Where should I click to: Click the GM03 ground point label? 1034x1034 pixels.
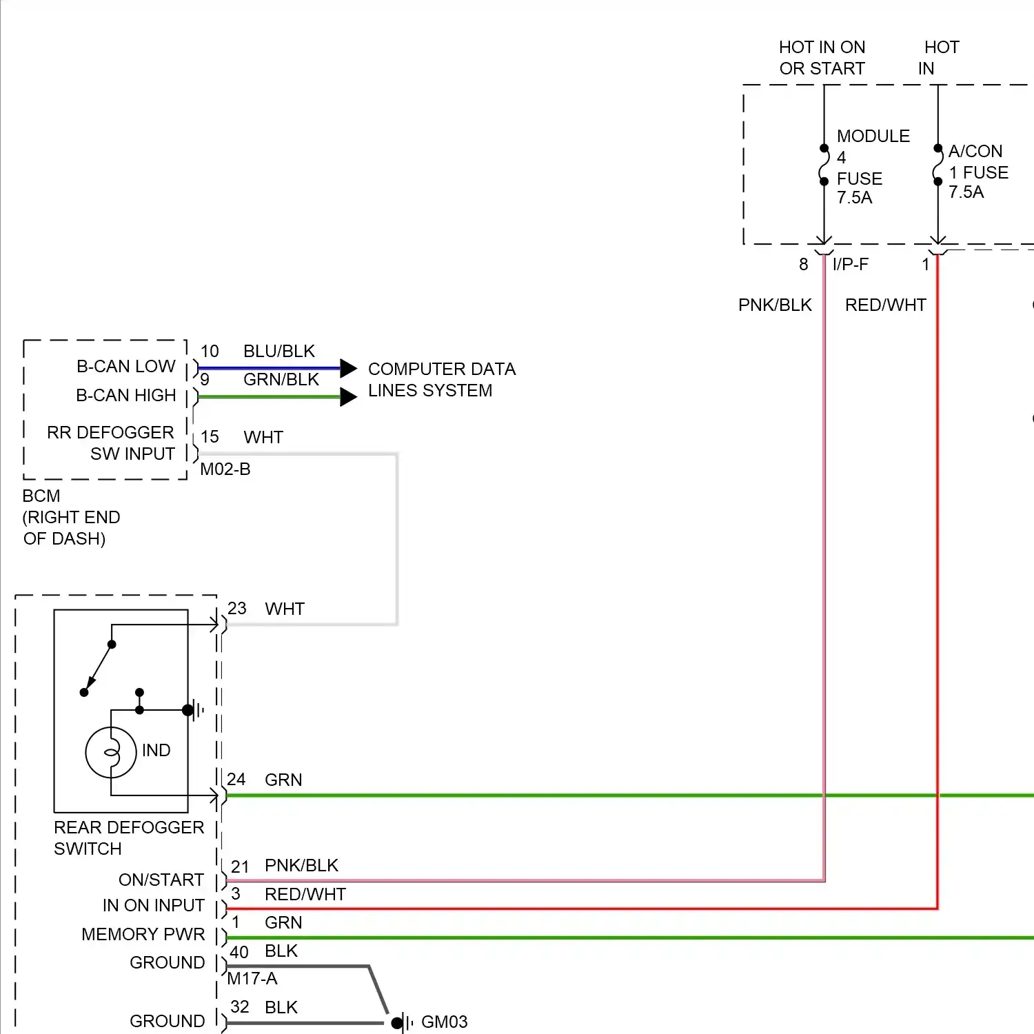pyautogui.click(x=444, y=1022)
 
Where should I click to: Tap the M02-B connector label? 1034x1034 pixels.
pyautogui.click(x=225, y=469)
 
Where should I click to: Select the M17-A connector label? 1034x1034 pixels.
pyautogui.click(x=252, y=979)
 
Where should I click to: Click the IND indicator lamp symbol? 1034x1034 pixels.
pyautogui.click(x=111, y=752)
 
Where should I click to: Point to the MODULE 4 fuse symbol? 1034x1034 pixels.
pyautogui.click(x=824, y=165)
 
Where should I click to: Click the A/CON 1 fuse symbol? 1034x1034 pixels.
pyautogui.click(x=937, y=165)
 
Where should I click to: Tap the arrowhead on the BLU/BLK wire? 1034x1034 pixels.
pyautogui.click(x=348, y=368)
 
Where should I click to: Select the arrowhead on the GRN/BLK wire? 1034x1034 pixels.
pyautogui.click(x=348, y=396)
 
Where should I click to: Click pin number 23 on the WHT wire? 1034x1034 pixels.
pyautogui.click(x=237, y=609)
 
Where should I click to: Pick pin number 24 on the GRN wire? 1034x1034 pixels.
pyautogui.click(x=236, y=780)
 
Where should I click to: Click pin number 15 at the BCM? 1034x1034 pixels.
pyautogui.click(x=210, y=437)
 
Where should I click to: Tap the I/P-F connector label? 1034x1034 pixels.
pyautogui.click(x=851, y=265)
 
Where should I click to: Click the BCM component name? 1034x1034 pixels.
pyautogui.click(x=41, y=496)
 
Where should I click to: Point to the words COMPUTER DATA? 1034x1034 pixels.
pyautogui.click(x=442, y=369)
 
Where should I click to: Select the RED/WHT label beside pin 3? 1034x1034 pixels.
pyautogui.click(x=305, y=895)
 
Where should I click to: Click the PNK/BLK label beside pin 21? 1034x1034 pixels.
pyautogui.click(x=301, y=866)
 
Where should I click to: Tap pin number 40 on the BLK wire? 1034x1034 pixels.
pyautogui.click(x=239, y=953)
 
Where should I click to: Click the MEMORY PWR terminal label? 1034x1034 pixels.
pyautogui.click(x=143, y=935)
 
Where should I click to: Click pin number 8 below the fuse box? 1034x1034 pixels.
pyautogui.click(x=804, y=265)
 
